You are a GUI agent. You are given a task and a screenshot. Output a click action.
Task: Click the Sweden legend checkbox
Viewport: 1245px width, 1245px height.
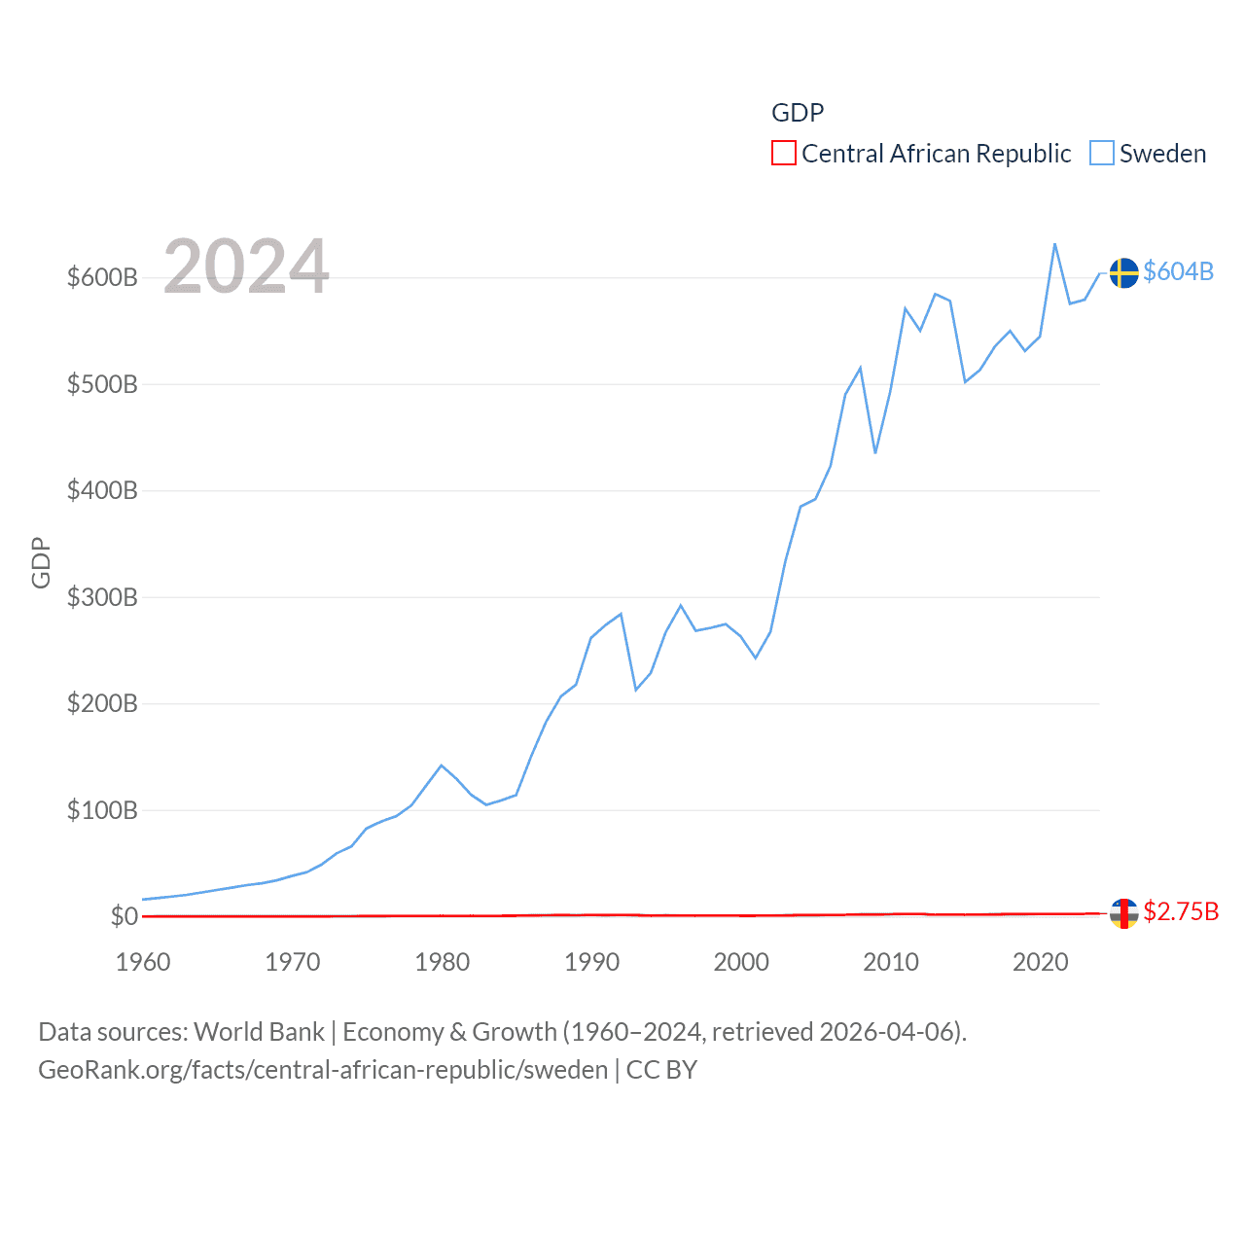pos(1101,154)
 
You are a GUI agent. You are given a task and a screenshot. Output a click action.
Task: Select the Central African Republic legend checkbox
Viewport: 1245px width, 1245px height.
pos(783,154)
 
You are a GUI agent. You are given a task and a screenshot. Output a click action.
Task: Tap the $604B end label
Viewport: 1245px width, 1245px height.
pos(1178,271)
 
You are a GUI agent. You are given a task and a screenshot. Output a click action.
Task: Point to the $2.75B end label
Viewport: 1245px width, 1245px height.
pos(1181,911)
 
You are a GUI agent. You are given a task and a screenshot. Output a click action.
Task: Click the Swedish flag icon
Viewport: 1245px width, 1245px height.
pos(1124,273)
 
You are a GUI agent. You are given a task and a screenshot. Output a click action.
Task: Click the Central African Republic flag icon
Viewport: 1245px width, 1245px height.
pos(1124,913)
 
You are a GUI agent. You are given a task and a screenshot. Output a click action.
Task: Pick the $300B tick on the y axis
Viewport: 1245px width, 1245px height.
pos(102,597)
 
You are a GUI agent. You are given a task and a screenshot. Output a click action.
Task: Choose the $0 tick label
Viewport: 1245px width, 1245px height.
pos(124,916)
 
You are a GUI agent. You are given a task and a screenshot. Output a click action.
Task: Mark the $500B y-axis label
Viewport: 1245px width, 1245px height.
pos(102,384)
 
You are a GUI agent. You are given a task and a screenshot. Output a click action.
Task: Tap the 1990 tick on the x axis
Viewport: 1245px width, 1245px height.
pos(591,962)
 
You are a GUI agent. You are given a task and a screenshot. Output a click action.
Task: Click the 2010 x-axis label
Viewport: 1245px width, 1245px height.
pos(891,962)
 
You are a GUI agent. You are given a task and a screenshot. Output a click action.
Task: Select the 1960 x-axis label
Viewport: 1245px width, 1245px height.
pos(143,962)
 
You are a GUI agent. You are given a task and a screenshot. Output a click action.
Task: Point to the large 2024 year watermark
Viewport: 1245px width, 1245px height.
pos(246,267)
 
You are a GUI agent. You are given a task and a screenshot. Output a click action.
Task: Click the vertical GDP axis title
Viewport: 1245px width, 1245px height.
pos(41,562)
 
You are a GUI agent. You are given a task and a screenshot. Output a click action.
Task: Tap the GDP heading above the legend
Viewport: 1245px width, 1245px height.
pos(798,113)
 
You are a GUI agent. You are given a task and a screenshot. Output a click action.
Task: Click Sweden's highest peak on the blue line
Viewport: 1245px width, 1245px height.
pos(1055,244)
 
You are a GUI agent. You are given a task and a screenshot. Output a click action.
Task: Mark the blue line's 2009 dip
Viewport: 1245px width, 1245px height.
pos(875,452)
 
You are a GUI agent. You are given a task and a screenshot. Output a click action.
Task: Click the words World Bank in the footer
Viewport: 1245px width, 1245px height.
pos(260,1031)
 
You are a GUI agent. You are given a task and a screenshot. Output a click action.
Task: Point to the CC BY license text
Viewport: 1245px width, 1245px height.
pos(661,1070)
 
